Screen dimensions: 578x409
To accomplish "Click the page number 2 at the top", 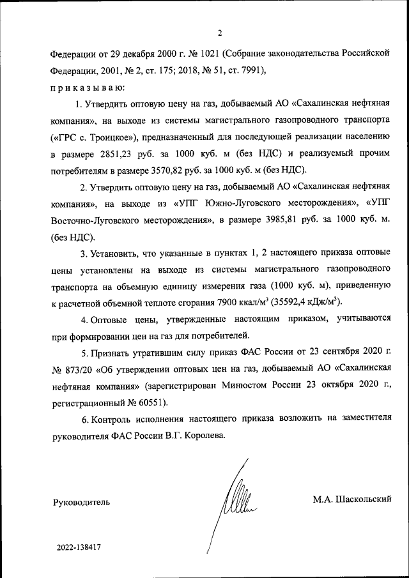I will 220,33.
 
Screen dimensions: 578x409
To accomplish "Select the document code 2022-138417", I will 79,547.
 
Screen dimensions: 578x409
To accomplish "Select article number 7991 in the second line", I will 246,70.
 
